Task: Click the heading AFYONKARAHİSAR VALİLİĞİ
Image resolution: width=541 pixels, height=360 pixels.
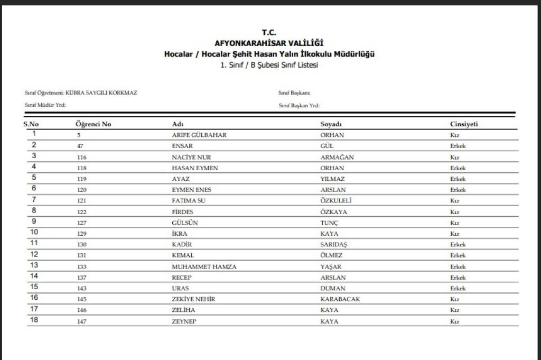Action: click(x=269, y=43)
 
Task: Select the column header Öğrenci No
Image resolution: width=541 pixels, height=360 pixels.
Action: click(x=94, y=124)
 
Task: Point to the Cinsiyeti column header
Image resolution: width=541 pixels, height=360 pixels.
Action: click(x=464, y=124)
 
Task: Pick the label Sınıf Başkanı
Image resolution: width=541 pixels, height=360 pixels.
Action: click(x=294, y=93)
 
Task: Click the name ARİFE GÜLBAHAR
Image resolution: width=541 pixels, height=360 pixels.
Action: click(x=199, y=135)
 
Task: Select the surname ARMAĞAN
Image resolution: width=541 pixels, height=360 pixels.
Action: click(x=337, y=157)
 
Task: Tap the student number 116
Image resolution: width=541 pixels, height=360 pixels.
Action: click(x=81, y=157)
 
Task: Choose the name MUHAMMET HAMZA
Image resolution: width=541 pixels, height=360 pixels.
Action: click(x=204, y=267)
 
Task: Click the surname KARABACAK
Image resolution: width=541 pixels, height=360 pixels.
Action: click(x=340, y=299)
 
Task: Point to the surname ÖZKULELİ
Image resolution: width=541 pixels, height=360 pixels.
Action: click(x=336, y=201)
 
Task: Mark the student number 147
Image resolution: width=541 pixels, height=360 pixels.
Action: click(x=81, y=321)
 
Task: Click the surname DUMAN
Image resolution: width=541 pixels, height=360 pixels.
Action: click(x=333, y=289)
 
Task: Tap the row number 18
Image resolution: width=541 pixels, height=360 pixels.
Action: click(x=34, y=320)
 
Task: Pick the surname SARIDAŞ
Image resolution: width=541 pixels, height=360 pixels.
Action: click(x=338, y=245)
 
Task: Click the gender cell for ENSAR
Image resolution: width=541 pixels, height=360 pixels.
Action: click(x=458, y=146)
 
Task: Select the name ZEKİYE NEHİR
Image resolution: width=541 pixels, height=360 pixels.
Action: click(x=193, y=299)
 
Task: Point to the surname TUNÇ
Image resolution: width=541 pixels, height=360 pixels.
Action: click(x=330, y=223)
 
